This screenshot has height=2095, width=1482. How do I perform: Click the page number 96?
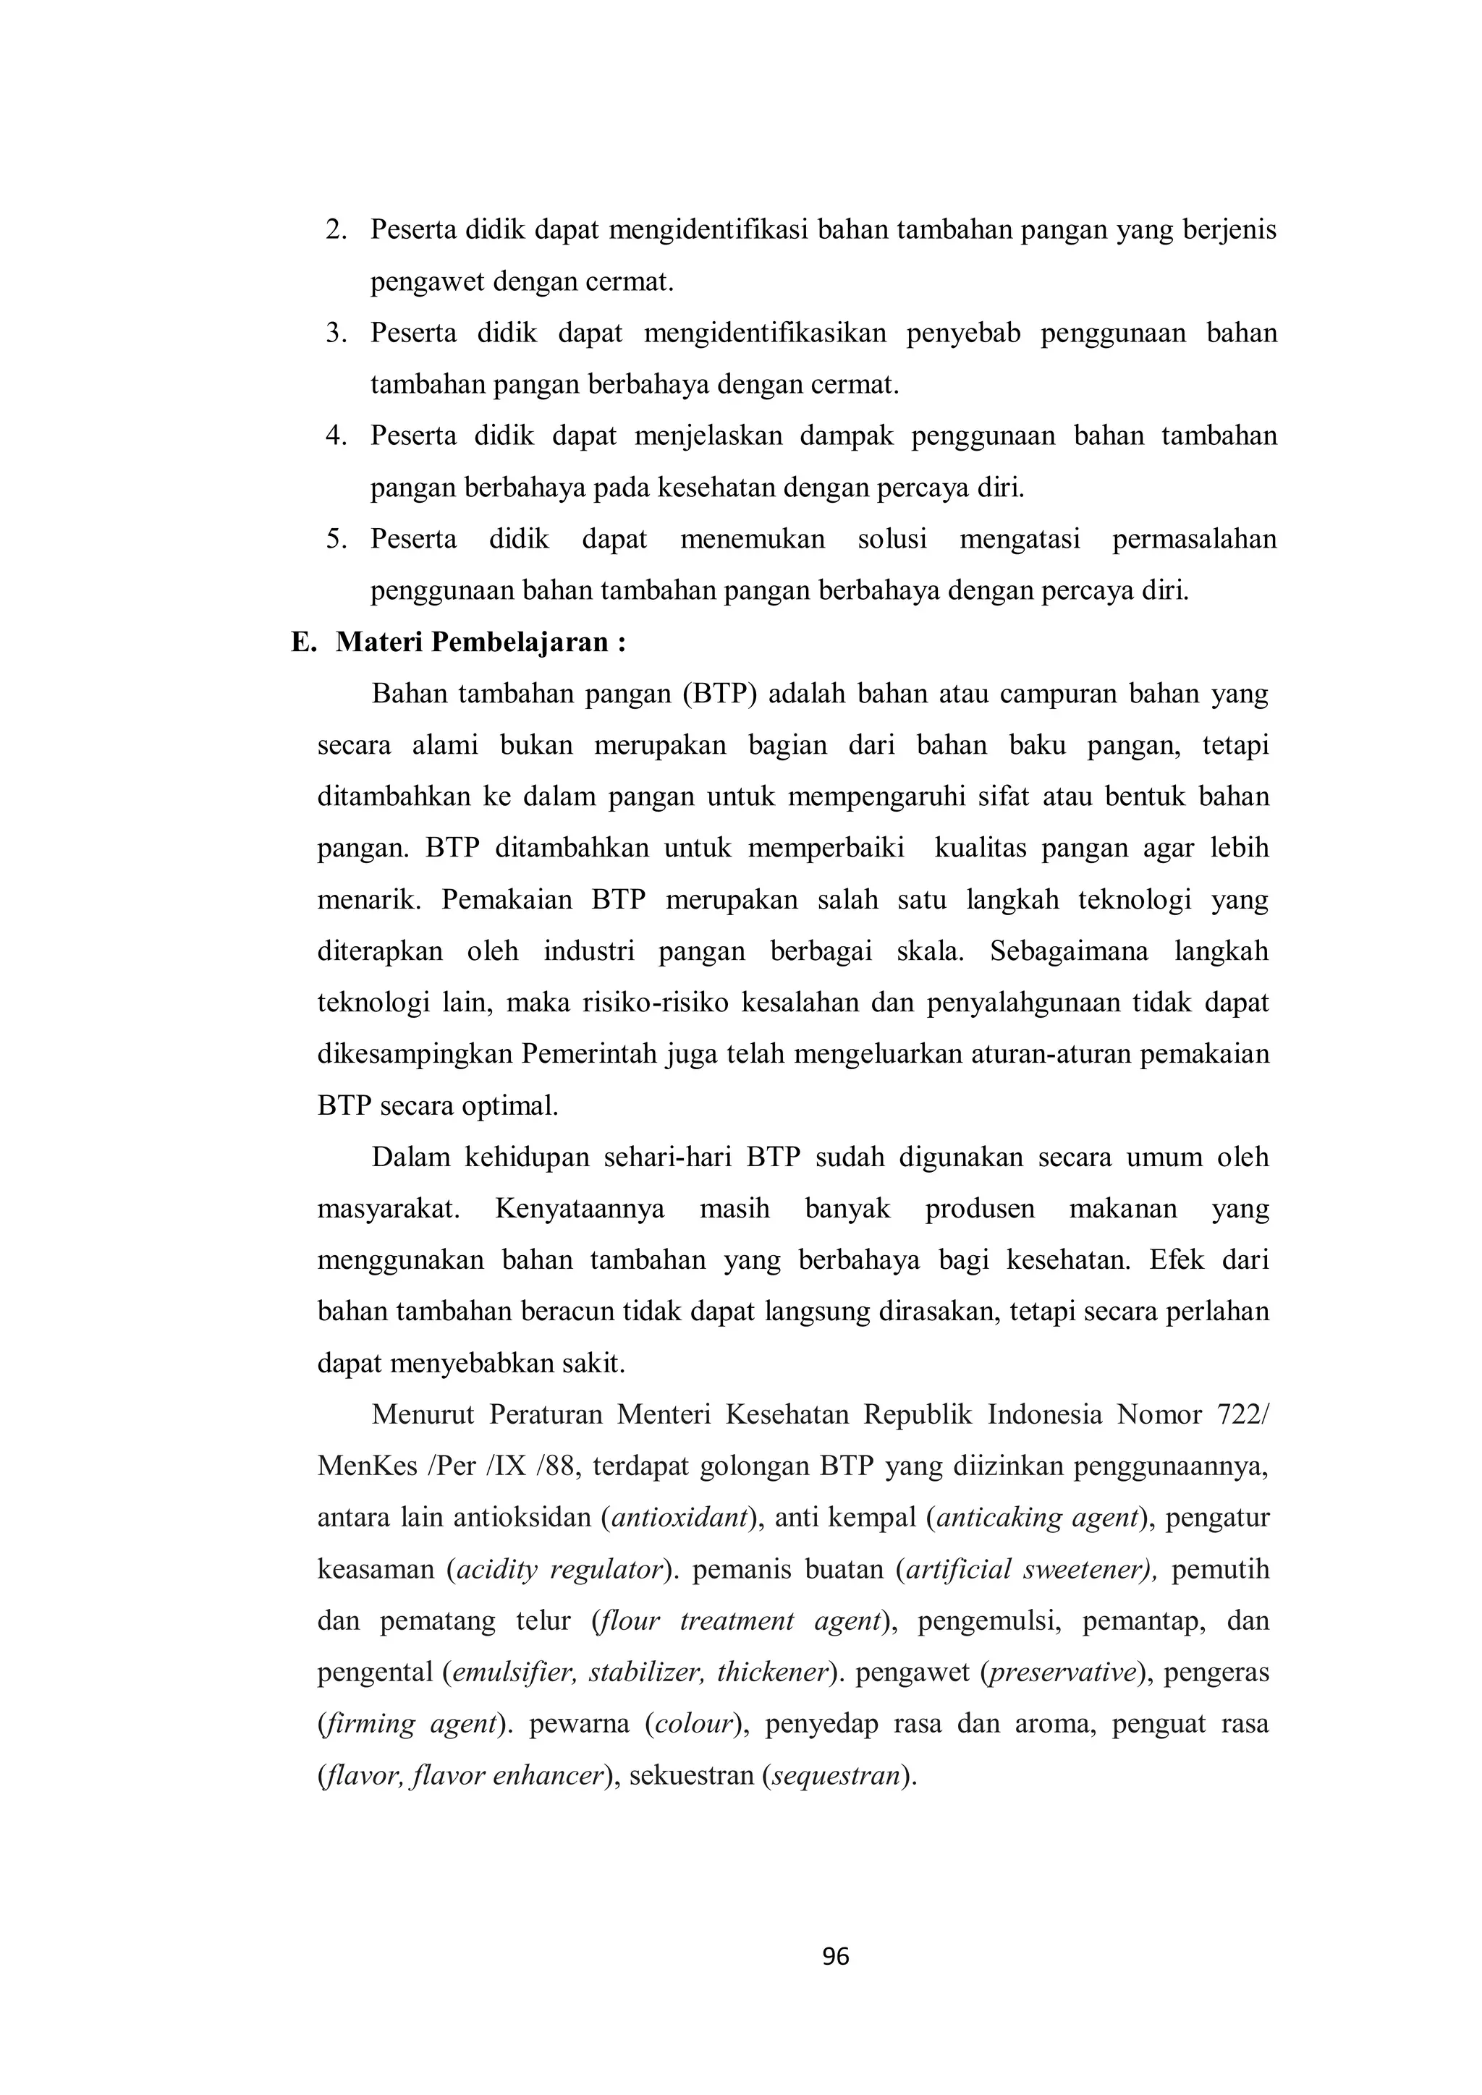pos(835,1956)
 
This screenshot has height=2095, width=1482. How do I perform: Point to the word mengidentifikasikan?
pos(765,333)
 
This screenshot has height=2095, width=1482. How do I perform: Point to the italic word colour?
pos(695,1725)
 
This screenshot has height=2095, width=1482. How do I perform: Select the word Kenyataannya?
pos(580,1209)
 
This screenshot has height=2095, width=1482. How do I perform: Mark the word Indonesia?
pos(1045,1415)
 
